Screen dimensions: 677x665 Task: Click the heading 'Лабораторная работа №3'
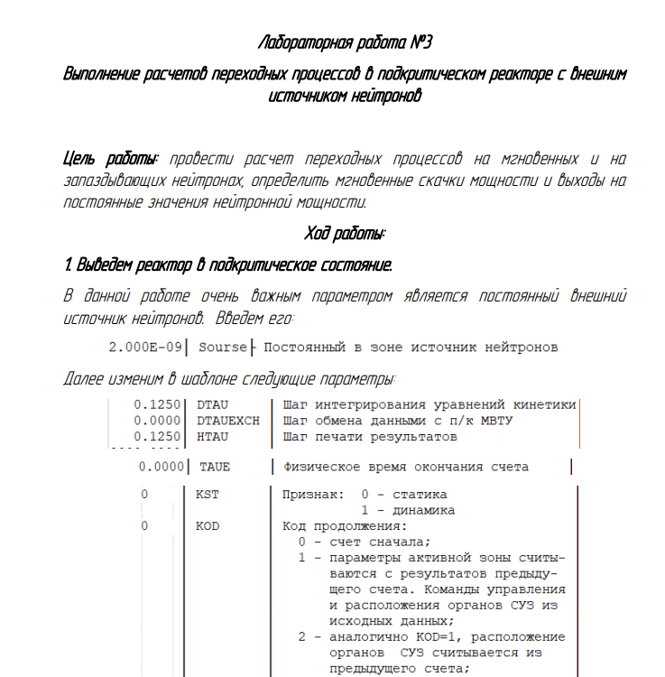pos(346,43)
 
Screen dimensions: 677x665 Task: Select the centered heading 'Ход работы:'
pos(346,234)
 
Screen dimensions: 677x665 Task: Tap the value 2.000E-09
pos(146,347)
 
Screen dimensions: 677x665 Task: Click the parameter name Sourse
pos(222,347)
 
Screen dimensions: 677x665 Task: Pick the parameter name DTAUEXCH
pos(227,421)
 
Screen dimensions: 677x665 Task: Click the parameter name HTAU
pos(212,437)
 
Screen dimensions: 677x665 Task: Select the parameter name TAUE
pos(215,467)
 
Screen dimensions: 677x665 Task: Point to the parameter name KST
pos(207,495)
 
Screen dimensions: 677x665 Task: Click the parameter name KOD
pos(207,526)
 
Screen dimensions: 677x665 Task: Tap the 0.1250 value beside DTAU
pos(158,405)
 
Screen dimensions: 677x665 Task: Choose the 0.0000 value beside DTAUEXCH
pos(158,421)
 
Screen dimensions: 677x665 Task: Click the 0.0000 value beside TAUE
pos(163,467)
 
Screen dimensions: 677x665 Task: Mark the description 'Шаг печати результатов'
pos(370,437)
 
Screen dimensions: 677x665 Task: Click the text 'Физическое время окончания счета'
pos(406,467)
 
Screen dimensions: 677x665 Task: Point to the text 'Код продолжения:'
pos(345,526)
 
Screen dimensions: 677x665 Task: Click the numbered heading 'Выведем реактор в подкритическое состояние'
pos(234,265)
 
